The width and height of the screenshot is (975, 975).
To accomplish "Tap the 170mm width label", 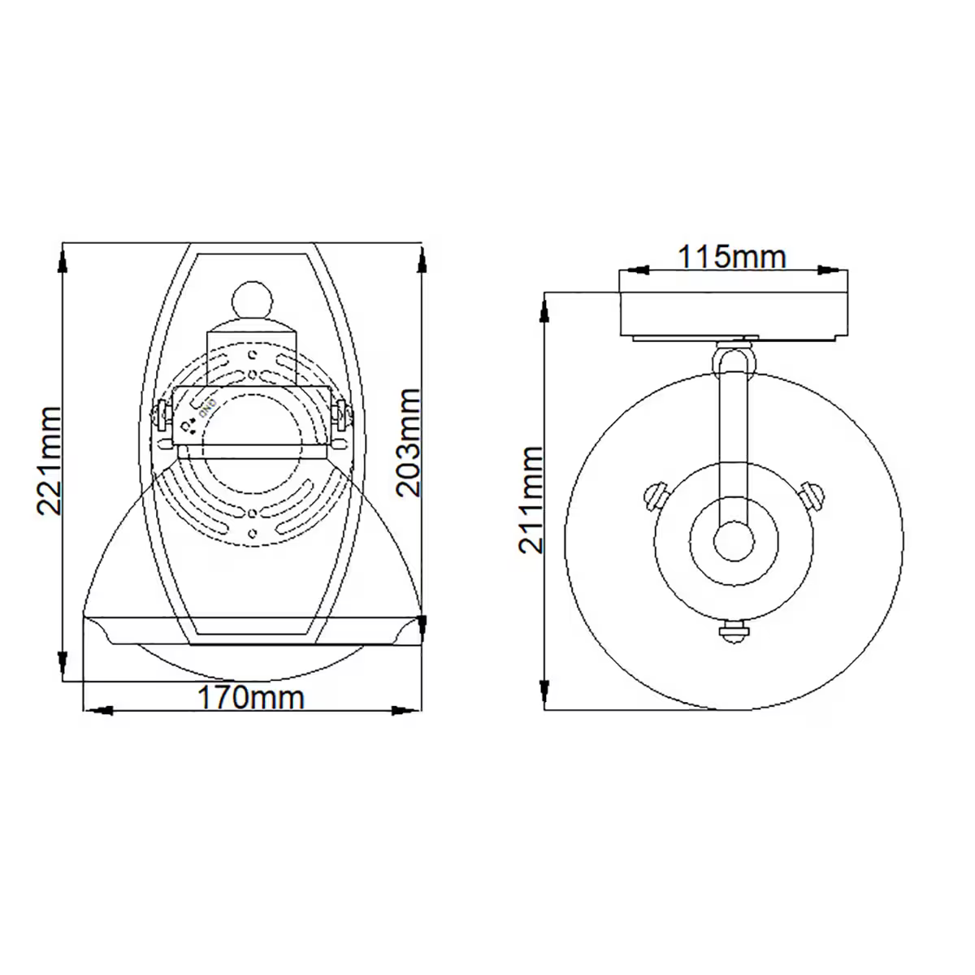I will (252, 697).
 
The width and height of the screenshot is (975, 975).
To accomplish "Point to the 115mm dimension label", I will (733, 258).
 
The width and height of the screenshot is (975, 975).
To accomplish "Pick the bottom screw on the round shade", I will (734, 631).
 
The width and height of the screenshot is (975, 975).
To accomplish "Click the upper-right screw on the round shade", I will (811, 493).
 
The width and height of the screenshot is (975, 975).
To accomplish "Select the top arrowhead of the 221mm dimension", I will (63, 260).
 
